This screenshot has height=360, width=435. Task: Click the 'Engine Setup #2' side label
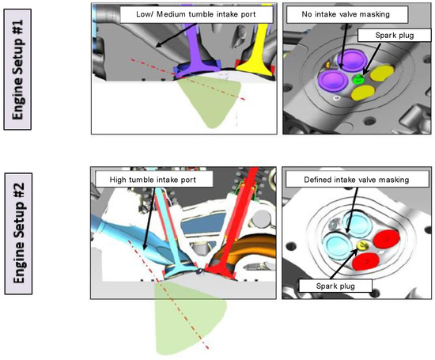click(22, 243)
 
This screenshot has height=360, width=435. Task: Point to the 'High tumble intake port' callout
click(152, 180)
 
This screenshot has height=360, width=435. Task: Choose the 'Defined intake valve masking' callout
click(354, 181)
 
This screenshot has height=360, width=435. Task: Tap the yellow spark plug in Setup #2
click(363, 246)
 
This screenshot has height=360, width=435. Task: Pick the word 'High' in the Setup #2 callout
click(120, 180)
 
